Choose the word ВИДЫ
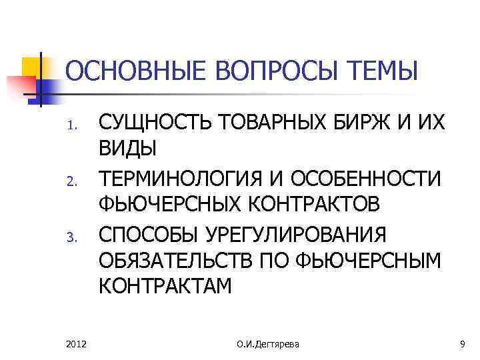pyautogui.click(x=128, y=149)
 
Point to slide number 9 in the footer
pyautogui.click(x=461, y=343)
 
